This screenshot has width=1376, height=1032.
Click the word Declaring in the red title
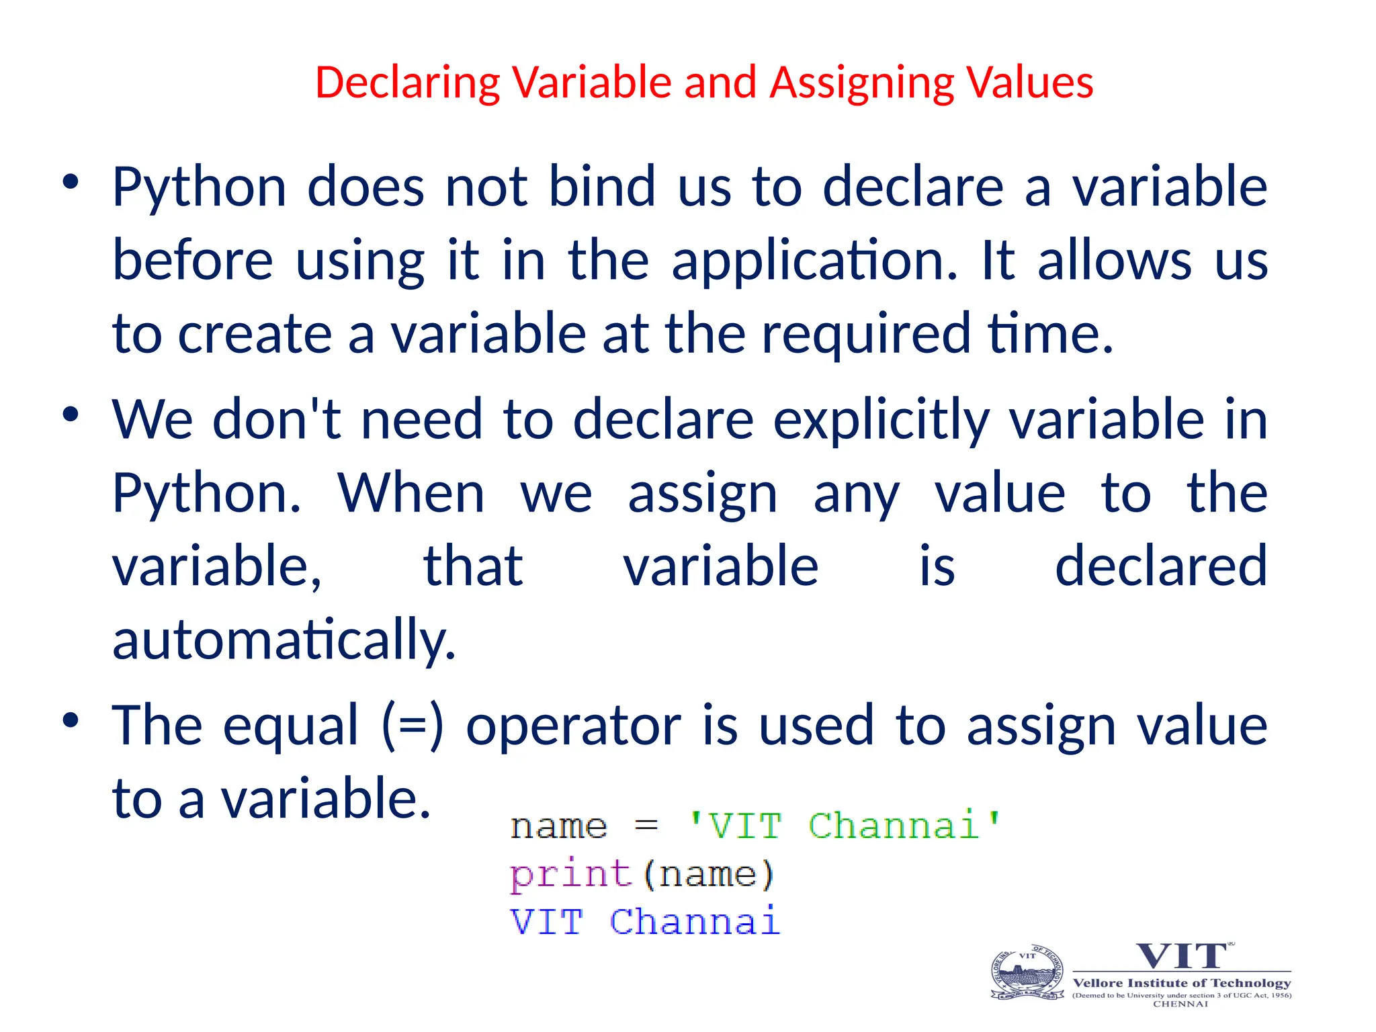tap(407, 83)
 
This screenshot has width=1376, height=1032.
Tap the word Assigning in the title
tap(861, 83)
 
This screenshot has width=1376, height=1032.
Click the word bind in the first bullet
tap(602, 187)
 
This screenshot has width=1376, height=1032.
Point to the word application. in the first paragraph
tap(814, 261)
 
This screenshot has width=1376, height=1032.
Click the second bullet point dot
tap(71, 414)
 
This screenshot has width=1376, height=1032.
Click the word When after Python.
tap(411, 493)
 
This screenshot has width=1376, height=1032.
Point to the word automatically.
tap(284, 640)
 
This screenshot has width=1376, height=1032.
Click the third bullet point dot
tap(71, 720)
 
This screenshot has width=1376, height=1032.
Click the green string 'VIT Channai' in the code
tap(845, 825)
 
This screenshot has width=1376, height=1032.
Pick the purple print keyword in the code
tap(571, 874)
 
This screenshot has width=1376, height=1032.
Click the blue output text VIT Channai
tap(645, 921)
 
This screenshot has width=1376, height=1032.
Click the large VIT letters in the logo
tap(1182, 956)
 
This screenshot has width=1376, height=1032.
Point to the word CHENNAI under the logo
tap(1180, 1004)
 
